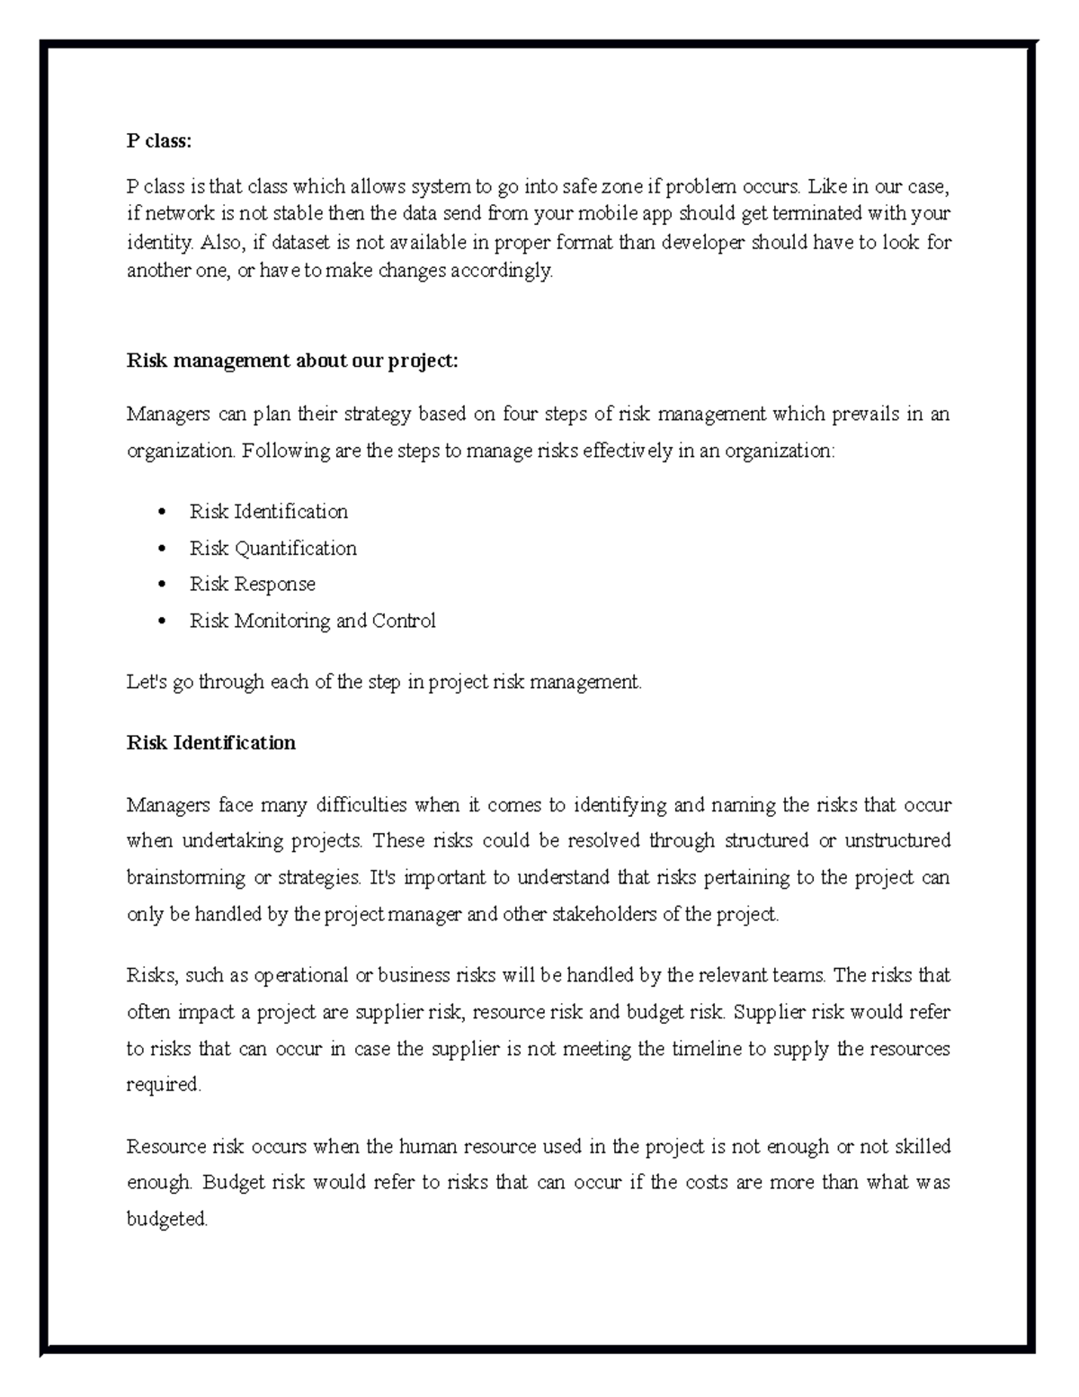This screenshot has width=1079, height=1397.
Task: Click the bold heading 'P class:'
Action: click(159, 141)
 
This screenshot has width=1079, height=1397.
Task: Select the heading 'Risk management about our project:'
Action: click(292, 361)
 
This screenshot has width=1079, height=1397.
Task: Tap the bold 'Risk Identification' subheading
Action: click(211, 743)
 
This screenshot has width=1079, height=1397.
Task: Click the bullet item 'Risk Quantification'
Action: click(272, 548)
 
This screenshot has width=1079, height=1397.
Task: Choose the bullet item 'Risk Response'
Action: click(252, 584)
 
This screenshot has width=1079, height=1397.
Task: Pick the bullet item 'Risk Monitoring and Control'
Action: click(312, 621)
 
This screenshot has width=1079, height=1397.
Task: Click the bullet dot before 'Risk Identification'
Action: click(162, 512)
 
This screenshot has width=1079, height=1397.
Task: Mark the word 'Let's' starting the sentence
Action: click(146, 682)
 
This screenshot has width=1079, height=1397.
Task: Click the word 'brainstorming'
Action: click(186, 877)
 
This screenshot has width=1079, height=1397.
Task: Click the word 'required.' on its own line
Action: click(164, 1085)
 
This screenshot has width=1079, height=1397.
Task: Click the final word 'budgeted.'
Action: click(167, 1220)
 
